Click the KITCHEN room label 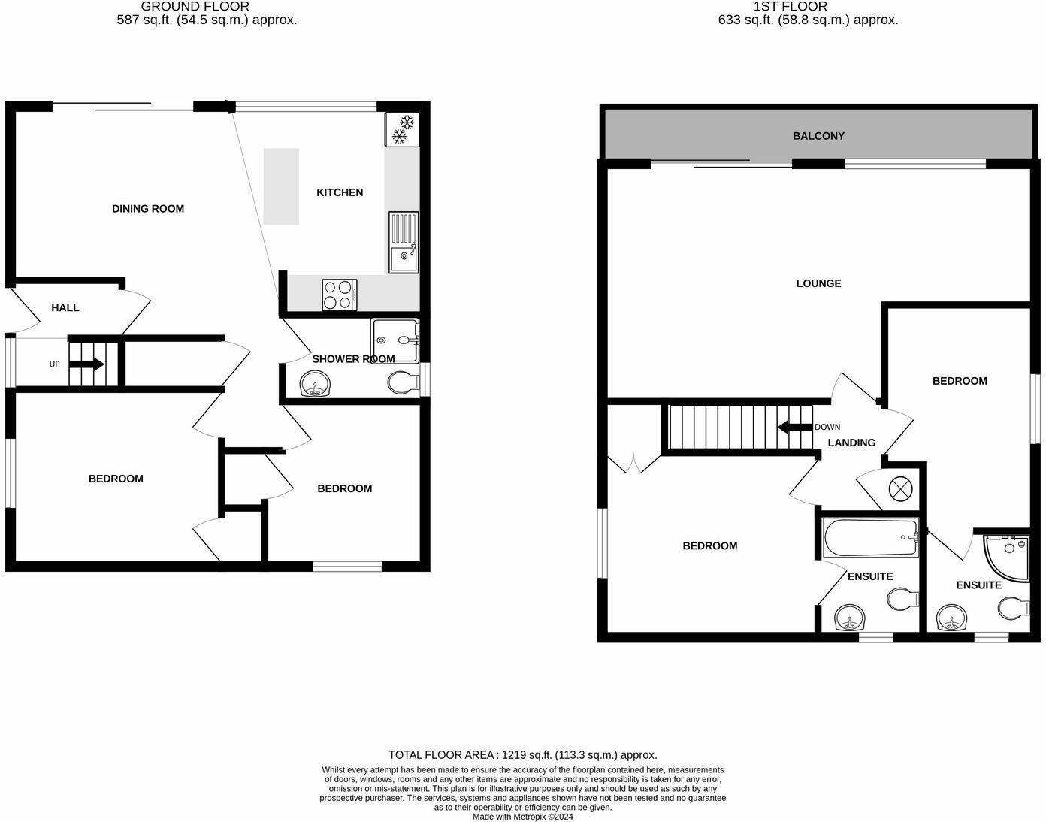[340, 192]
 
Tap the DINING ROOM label [148, 209]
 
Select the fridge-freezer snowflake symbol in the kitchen [402, 129]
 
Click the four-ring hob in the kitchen [339, 294]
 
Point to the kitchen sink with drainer [404, 242]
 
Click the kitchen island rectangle [281, 186]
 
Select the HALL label [65, 307]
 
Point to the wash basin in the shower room [315, 386]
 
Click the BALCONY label [818, 136]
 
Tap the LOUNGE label [818, 283]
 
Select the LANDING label [851, 443]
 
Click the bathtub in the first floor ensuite [870, 538]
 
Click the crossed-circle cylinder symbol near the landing [899, 489]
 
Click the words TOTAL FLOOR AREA [441, 754]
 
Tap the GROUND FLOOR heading [195, 6]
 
